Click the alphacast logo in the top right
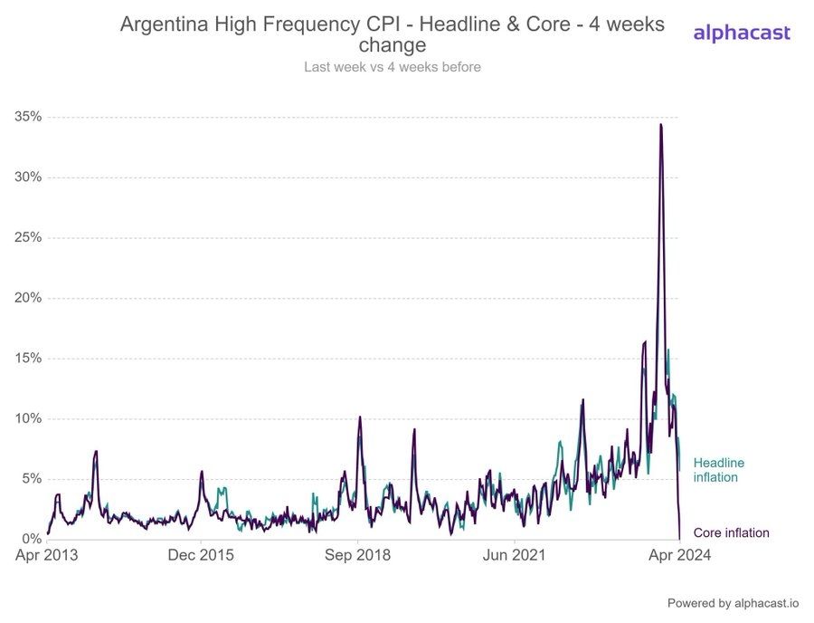tap(741, 34)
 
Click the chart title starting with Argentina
tap(392, 34)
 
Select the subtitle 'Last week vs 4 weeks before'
tap(392, 67)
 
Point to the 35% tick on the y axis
tap(28, 117)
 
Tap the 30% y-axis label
tap(28, 177)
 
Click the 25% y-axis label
tap(28, 237)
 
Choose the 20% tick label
tap(28, 298)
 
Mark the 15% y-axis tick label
tap(28, 359)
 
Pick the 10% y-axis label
tap(28, 418)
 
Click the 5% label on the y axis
tap(32, 479)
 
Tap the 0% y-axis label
tap(32, 540)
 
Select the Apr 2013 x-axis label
tap(47, 555)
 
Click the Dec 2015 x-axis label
tap(202, 555)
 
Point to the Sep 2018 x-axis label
tap(359, 555)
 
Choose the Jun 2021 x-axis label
tap(515, 555)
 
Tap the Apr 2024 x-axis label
tap(679, 555)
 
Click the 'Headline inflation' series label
tap(719, 470)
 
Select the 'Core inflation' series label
tap(731, 533)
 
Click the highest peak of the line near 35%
tap(661, 125)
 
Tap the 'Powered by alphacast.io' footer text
tap(734, 603)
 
